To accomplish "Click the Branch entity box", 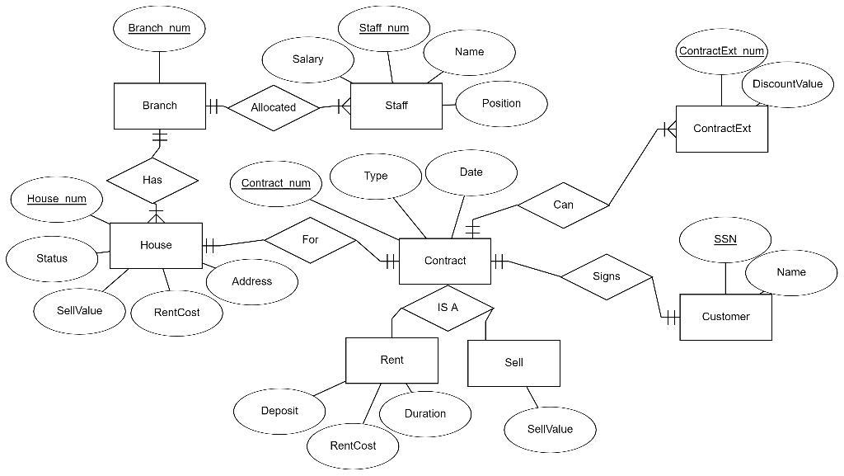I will pyautogui.click(x=159, y=106).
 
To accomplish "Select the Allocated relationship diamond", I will pyautogui.click(x=273, y=107).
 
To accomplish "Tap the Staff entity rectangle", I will pyautogui.click(x=396, y=106).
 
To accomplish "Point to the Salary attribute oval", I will pyautogui.click(x=307, y=59).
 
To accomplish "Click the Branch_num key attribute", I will pyautogui.click(x=159, y=28).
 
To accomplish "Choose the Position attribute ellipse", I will pyautogui.click(x=501, y=103).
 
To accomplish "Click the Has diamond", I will pyautogui.click(x=152, y=179).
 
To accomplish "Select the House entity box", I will pyautogui.click(x=156, y=245).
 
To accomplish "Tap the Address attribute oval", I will pyautogui.click(x=251, y=281).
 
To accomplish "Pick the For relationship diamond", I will pyautogui.click(x=310, y=240).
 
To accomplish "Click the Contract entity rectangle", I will pyautogui.click(x=445, y=261).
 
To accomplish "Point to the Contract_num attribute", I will pyautogui.click(x=276, y=183).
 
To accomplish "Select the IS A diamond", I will pyautogui.click(x=447, y=308).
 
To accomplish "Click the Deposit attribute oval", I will pyautogui.click(x=279, y=411).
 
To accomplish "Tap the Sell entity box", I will pyautogui.click(x=513, y=363).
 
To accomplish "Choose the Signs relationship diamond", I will pyautogui.click(x=606, y=276).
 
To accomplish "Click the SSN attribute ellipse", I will pyautogui.click(x=725, y=240).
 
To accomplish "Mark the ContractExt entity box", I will pyautogui.click(x=722, y=129).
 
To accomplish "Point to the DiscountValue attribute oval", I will pyautogui.click(x=787, y=84).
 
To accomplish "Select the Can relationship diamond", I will pyautogui.click(x=563, y=205).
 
